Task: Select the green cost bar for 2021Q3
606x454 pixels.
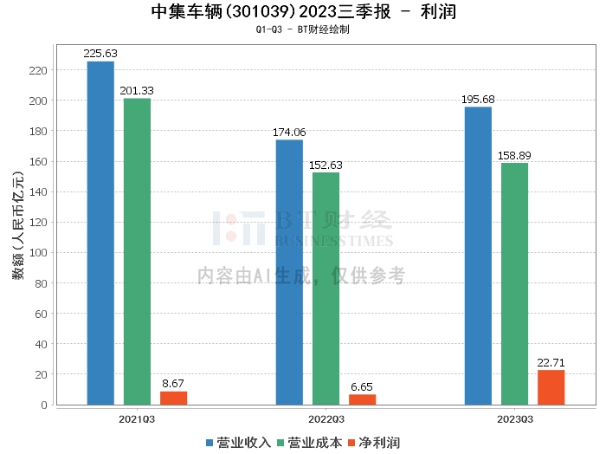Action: tap(137, 251)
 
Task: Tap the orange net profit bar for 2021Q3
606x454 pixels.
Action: tap(173, 398)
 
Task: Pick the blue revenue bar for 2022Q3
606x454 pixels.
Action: tap(289, 272)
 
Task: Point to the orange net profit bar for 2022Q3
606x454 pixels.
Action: tap(362, 399)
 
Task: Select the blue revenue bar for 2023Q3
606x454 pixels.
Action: tap(478, 256)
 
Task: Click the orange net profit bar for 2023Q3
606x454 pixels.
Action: tap(551, 387)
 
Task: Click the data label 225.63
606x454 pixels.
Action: tap(100, 53)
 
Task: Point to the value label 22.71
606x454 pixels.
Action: tap(551, 362)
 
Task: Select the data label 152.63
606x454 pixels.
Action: tap(326, 165)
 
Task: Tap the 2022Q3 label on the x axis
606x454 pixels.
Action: tap(326, 418)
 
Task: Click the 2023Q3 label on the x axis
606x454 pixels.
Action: tap(514, 418)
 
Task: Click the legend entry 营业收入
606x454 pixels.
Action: tap(238, 442)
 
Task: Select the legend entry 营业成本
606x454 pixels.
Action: tap(309, 442)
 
